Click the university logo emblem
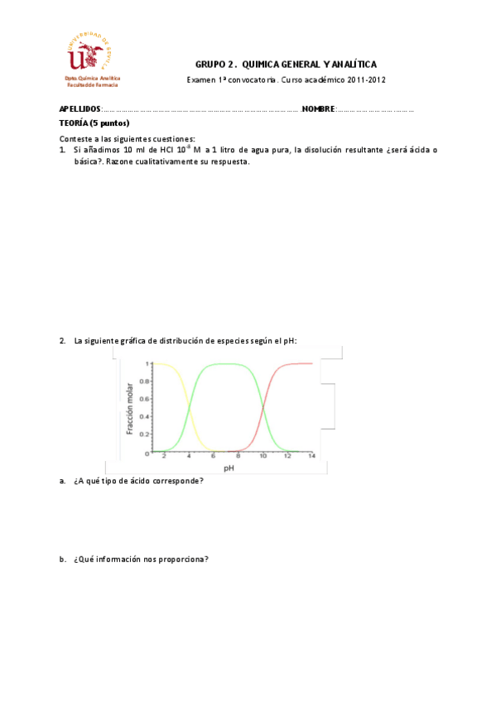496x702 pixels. [x=89, y=52]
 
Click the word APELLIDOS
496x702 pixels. [x=79, y=109]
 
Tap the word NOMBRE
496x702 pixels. [x=318, y=109]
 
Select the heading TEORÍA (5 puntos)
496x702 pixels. [x=94, y=123]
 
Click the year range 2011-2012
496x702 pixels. [x=367, y=80]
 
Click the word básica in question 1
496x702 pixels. [x=87, y=161]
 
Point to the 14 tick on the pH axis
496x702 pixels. [x=311, y=457]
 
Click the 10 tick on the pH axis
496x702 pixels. [x=262, y=457]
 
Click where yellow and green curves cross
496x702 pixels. [x=189, y=408]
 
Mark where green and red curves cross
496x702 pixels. [x=262, y=408]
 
